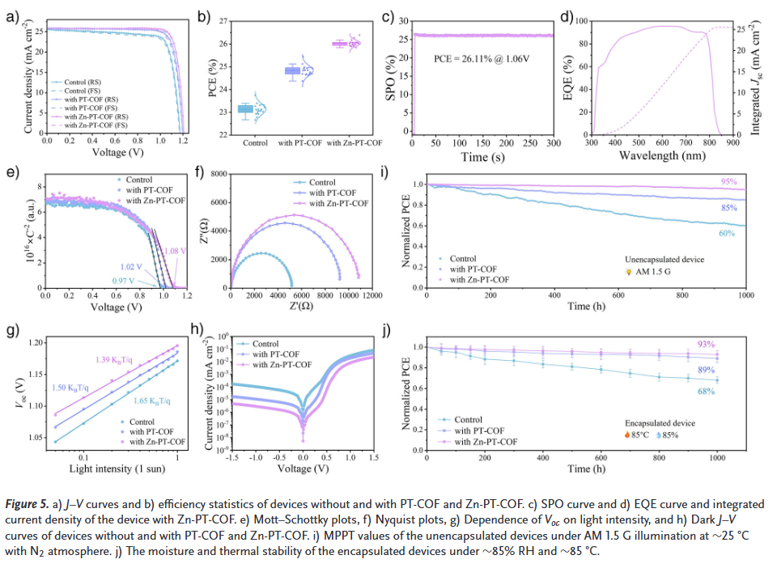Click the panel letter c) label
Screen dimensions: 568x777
tap(387, 15)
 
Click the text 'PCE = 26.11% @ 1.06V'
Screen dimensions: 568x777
tap(479, 59)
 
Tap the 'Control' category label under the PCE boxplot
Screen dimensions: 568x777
tap(255, 143)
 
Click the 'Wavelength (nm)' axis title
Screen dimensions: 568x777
tap(658, 155)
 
